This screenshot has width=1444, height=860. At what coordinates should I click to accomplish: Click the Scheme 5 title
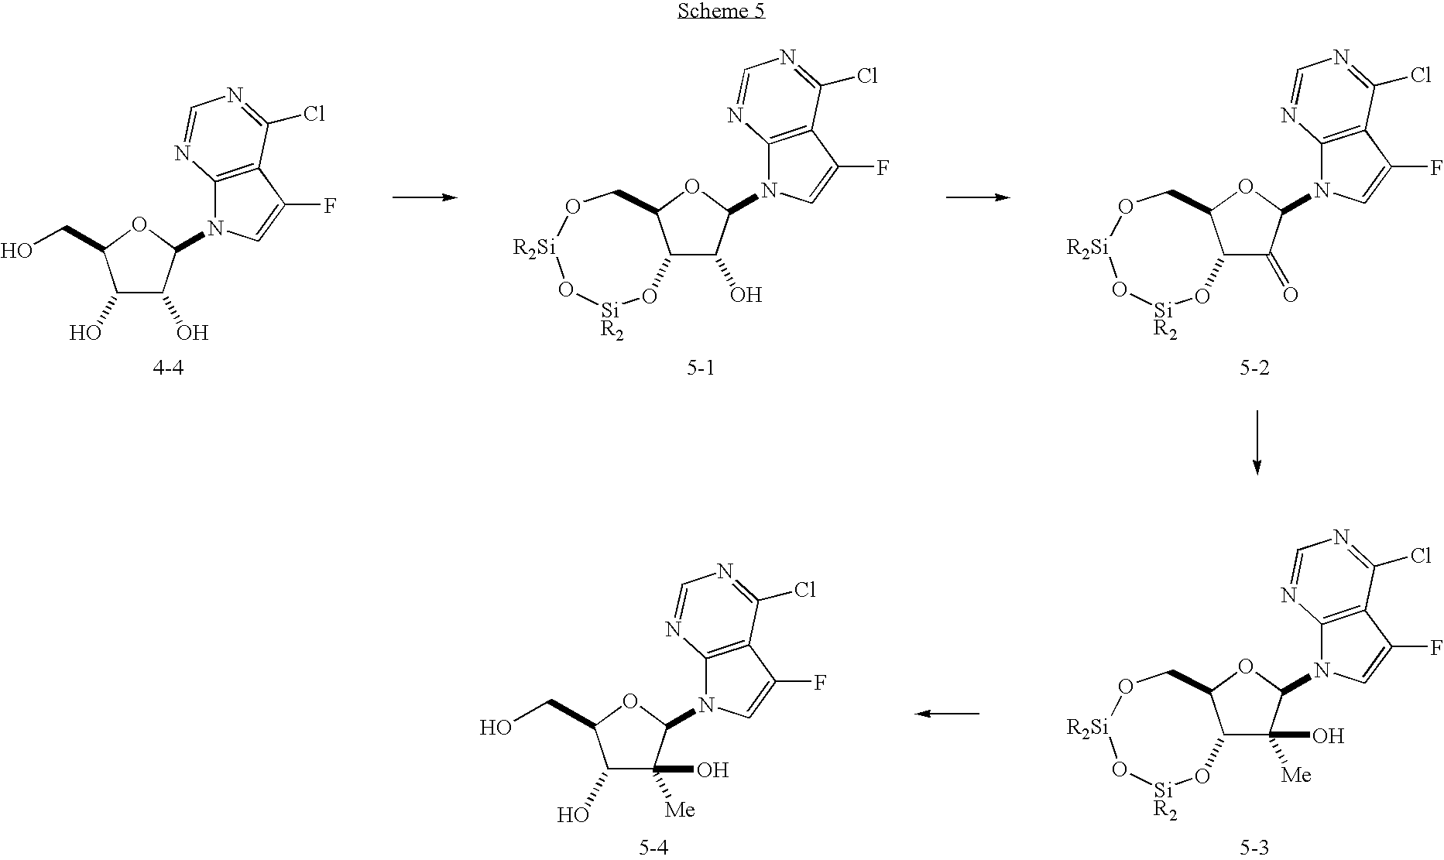722,11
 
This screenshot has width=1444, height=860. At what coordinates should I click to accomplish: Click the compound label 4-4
170,368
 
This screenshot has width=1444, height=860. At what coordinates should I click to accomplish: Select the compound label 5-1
701,368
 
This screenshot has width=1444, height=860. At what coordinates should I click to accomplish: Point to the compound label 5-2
1254,368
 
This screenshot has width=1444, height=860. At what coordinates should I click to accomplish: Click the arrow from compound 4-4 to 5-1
425,197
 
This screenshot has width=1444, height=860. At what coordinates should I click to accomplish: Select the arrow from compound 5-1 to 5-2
978,197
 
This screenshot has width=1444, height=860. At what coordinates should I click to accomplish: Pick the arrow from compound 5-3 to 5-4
947,714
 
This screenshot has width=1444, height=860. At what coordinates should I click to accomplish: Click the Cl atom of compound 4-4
314,115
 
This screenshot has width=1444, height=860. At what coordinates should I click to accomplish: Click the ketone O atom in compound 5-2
1289,294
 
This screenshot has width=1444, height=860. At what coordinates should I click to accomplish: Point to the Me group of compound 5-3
1296,774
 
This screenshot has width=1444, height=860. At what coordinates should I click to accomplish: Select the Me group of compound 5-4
680,810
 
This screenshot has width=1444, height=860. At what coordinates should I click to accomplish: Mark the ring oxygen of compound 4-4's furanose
139,225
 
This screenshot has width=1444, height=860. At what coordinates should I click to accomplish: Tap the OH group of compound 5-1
746,294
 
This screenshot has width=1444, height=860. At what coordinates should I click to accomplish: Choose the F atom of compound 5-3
1435,646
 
